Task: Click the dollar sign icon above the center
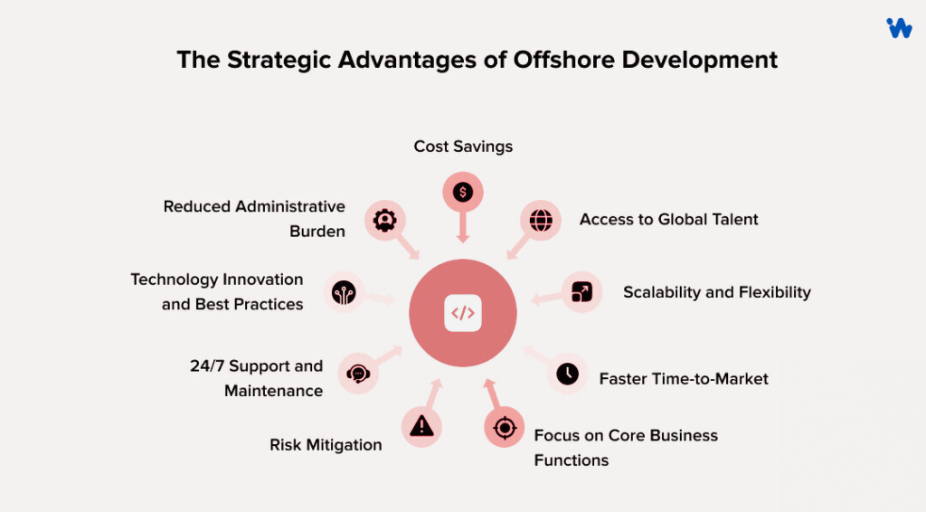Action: tap(463, 192)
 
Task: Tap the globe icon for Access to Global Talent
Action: tap(541, 220)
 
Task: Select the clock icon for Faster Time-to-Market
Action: tap(567, 374)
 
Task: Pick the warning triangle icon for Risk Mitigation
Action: tap(421, 426)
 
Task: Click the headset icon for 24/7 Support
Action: tap(358, 373)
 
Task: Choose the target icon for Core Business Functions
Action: tap(505, 428)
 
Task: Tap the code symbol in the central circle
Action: tap(463, 314)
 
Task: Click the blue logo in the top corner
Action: tap(899, 28)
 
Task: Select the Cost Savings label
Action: tap(463, 147)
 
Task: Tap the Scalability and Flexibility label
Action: tap(716, 292)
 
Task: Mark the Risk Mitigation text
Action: tap(326, 445)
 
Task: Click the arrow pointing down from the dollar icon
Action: tap(463, 228)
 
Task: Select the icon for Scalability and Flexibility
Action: tap(581, 292)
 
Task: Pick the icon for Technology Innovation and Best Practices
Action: tap(344, 292)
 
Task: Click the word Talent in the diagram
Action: tap(733, 220)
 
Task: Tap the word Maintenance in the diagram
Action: tap(273, 391)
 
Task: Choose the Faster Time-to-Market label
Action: tap(684, 379)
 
